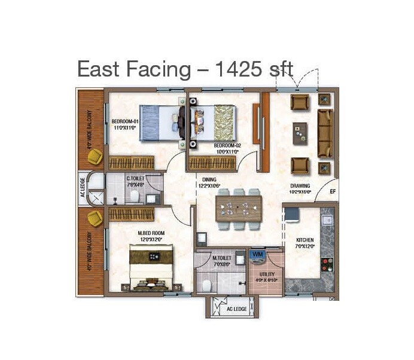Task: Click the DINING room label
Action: coord(209,179)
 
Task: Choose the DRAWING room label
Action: coord(300,186)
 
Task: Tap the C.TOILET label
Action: coord(135,178)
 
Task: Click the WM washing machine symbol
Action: coord(258,255)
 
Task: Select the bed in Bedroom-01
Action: coord(160,122)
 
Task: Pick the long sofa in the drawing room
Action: coord(325,133)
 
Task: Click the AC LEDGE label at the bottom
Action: coord(236,309)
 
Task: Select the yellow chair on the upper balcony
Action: coord(94,157)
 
